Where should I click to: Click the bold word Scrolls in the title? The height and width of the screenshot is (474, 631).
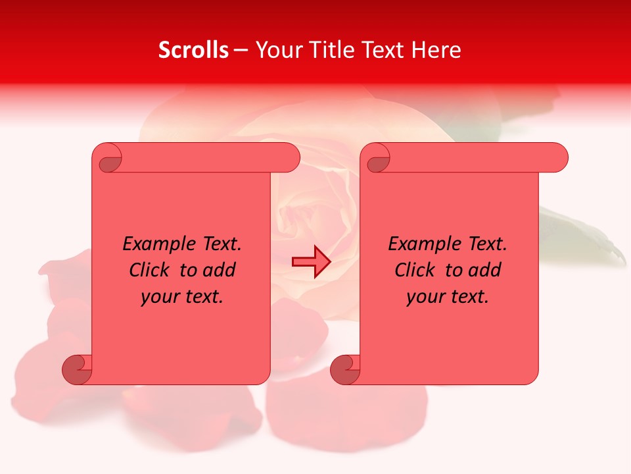193,50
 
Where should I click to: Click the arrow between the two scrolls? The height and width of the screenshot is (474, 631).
311,262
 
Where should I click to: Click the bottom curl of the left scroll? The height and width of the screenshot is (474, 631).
77,369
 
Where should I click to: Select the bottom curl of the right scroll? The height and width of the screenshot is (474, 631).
345,369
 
